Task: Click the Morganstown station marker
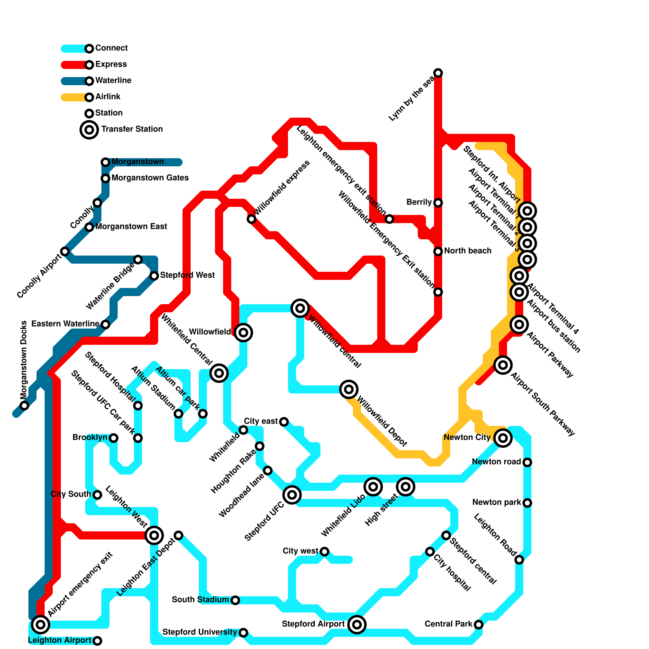105,162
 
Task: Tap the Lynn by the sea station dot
438,73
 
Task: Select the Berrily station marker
438,203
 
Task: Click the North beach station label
468,251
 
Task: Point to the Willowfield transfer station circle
243,333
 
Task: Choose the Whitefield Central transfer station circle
219,373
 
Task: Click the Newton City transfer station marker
503,438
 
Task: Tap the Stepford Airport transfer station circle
357,625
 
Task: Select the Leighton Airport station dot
97,641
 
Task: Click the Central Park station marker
479,625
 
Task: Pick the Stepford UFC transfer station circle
292,495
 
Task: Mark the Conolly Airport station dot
65,251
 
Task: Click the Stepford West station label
187,275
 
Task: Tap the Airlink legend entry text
108,97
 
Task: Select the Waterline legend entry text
113,80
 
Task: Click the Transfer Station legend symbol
89,130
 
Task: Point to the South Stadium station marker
235,600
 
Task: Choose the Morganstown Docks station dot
24,406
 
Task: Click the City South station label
71,494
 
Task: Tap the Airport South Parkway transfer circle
503,365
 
